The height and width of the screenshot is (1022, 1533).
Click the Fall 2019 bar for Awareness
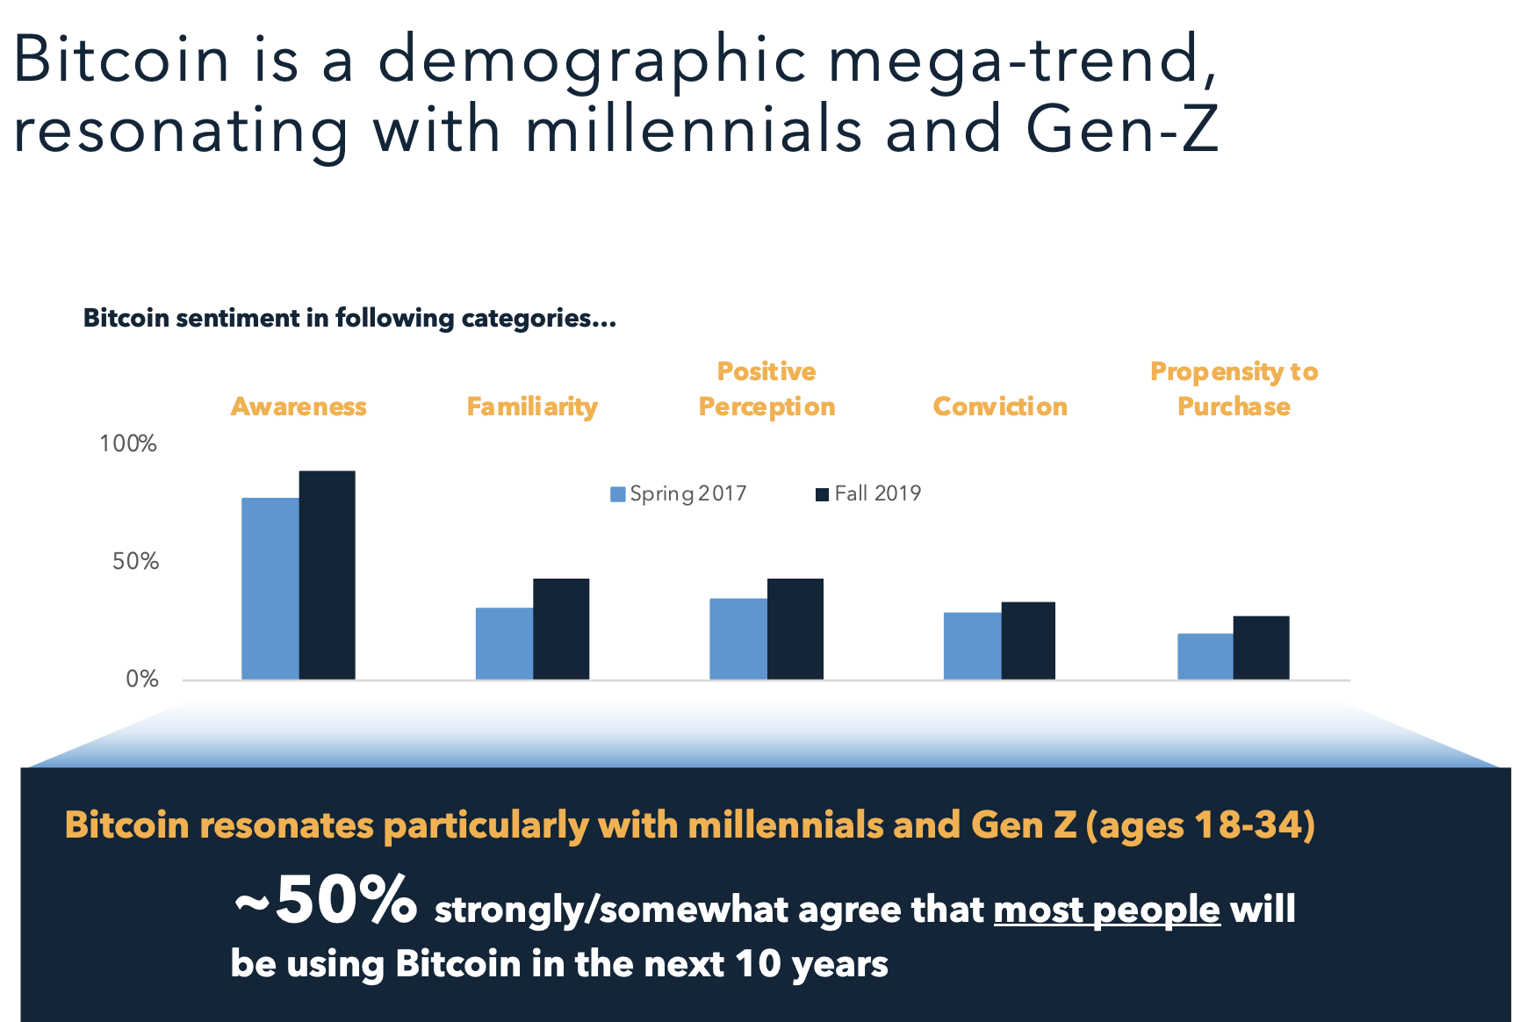[x=327, y=575]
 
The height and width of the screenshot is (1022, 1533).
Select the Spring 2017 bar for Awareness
[x=270, y=588]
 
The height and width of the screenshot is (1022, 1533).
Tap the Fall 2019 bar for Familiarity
[x=561, y=629]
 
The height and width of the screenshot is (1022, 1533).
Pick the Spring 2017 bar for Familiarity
[x=504, y=644]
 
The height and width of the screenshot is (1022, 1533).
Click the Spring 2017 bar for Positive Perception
[x=738, y=638]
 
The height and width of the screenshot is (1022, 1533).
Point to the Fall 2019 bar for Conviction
[x=1028, y=640]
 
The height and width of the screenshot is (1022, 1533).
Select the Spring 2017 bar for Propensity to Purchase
[x=1205, y=656]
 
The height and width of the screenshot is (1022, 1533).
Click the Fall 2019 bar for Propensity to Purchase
[x=1261, y=647]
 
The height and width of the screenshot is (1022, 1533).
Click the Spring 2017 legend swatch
[x=618, y=494]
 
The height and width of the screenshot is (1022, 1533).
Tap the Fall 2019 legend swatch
[x=822, y=494]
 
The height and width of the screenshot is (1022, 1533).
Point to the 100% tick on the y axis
[x=128, y=443]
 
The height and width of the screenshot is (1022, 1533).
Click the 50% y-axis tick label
[x=135, y=561]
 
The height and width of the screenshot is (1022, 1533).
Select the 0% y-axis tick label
[x=141, y=679]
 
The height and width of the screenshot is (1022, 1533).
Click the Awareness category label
[x=299, y=407]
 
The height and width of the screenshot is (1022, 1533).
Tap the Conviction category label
[x=1000, y=407]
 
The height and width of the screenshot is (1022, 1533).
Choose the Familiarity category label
[x=532, y=407]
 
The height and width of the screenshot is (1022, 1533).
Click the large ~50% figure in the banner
[x=325, y=901]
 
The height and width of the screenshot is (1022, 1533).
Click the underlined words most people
[x=1106, y=910]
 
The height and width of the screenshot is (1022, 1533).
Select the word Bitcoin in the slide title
[x=121, y=60]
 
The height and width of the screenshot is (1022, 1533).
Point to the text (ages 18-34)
[x=1200, y=824]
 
